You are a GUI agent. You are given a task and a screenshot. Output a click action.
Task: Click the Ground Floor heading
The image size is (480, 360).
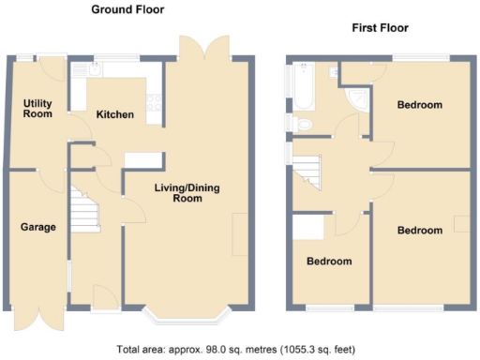(x=127, y=9)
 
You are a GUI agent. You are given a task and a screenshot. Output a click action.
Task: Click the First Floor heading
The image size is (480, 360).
(x=380, y=28)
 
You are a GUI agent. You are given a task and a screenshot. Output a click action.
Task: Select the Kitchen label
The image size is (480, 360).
(x=114, y=114)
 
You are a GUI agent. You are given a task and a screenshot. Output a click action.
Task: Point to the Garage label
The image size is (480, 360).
(x=38, y=227)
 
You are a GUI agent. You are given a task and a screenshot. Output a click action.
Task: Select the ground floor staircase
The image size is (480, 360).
(x=85, y=209)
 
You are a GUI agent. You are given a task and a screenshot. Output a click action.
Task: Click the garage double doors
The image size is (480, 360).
(x=29, y=319)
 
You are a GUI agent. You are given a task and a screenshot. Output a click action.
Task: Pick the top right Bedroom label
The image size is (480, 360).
(x=419, y=105)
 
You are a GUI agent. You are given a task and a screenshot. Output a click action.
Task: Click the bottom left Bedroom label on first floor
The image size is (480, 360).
(x=330, y=261)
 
